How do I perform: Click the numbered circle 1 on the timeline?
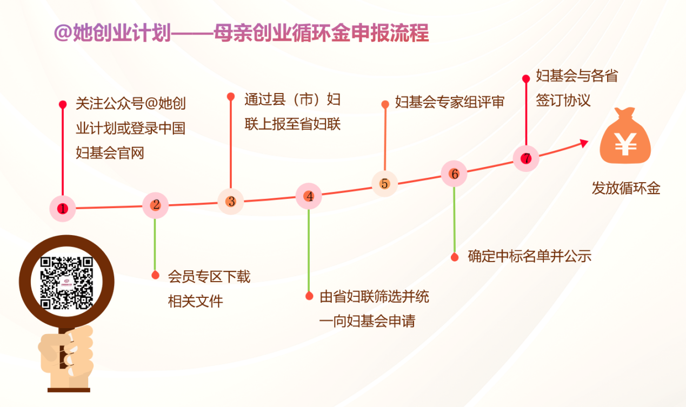(63, 209)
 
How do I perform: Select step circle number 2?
(156, 205)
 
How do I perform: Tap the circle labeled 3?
(231, 202)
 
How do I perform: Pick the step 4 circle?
(309, 196)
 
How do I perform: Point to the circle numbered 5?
(385, 184)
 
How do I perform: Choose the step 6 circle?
(454, 174)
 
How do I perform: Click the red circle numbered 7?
(526, 158)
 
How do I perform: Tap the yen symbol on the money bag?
(625, 144)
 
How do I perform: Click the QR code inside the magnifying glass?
(66, 283)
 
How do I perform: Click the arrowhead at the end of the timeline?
(584, 143)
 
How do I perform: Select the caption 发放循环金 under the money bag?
(626, 188)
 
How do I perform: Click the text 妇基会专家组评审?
(450, 102)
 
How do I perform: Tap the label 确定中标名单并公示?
(530, 256)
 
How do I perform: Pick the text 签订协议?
(563, 100)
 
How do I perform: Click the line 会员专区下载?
(209, 277)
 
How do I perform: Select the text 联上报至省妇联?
(292, 124)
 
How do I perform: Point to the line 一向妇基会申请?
(367, 321)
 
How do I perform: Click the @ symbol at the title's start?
(63, 33)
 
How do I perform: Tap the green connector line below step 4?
(309, 250)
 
